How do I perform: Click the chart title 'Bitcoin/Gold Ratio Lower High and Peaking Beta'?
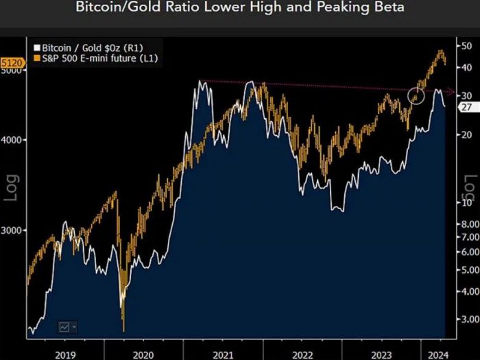tap(239, 8)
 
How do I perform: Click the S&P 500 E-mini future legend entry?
tap(91, 59)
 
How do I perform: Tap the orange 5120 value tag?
tap(14, 63)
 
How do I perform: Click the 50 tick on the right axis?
tap(466, 45)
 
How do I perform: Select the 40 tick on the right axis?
tap(466, 67)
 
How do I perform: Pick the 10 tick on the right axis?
tap(466, 203)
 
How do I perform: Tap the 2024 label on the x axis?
tap(432, 355)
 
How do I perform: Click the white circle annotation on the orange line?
tap(417, 96)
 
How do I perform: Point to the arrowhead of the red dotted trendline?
tap(451, 92)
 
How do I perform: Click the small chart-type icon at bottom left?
tap(67, 326)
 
